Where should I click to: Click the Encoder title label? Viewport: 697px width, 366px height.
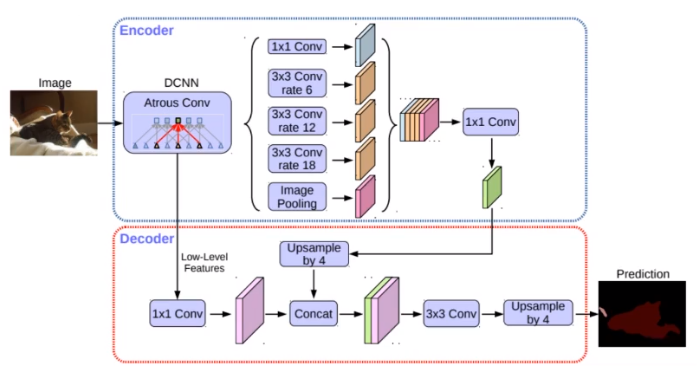(x=146, y=30)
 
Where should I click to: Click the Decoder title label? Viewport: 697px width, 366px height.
(x=147, y=240)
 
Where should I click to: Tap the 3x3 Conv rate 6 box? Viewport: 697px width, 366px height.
(x=297, y=84)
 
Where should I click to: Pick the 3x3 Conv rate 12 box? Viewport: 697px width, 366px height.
(x=297, y=121)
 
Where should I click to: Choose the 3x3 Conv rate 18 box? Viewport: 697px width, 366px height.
(x=297, y=158)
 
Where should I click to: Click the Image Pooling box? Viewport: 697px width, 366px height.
(x=297, y=197)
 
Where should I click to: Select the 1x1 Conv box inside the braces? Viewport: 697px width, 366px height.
(x=297, y=47)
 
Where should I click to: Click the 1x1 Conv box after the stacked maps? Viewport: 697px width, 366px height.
(x=491, y=123)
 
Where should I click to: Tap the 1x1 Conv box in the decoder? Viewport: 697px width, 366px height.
(x=177, y=313)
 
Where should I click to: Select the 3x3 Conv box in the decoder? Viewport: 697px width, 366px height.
(x=451, y=313)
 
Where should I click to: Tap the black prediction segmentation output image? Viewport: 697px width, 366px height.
(x=644, y=312)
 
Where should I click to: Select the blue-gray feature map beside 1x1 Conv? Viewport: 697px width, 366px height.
(x=364, y=46)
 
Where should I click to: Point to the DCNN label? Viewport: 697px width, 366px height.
(x=176, y=83)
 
